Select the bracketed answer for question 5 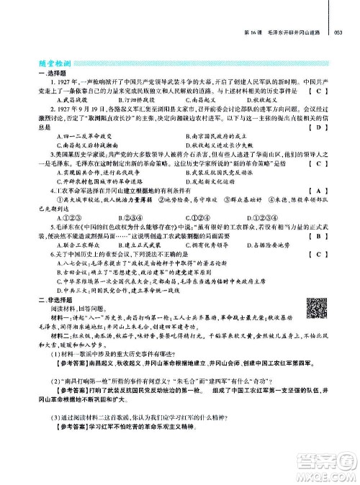tap(317, 235)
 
